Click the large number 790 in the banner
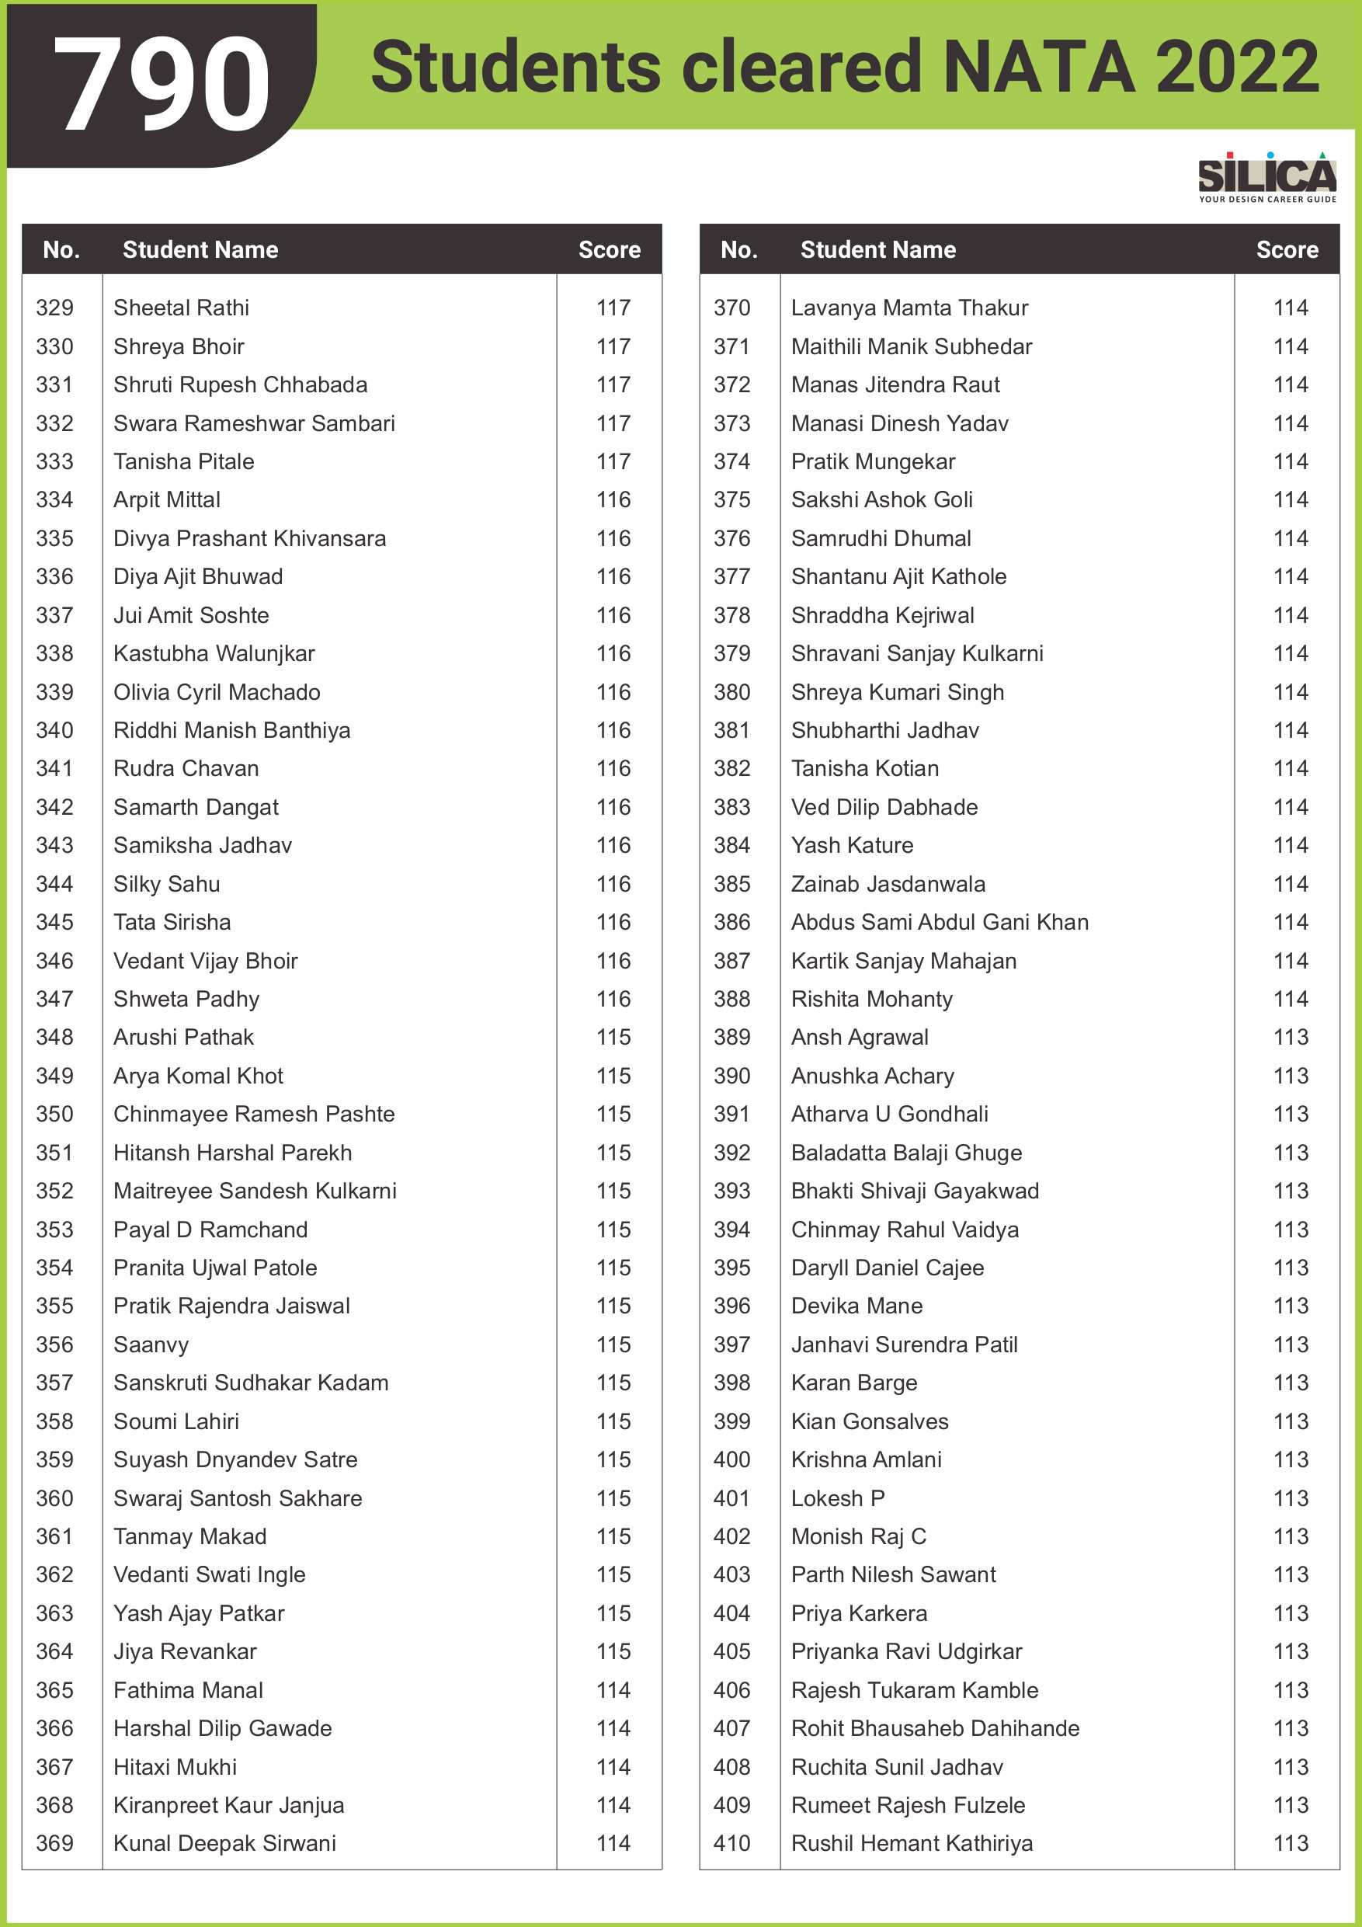tap(161, 84)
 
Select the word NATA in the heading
tap(1039, 67)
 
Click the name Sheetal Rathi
tap(181, 308)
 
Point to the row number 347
tap(54, 999)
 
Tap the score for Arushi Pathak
tap(613, 1038)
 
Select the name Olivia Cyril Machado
tap(217, 692)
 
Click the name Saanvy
tap(151, 1344)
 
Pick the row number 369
tap(54, 1843)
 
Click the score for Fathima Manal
tap(613, 1690)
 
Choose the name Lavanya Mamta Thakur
tap(909, 308)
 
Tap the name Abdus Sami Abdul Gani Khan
tap(939, 923)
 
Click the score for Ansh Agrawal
tap(1291, 1038)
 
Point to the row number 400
tap(731, 1459)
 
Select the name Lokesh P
tap(838, 1498)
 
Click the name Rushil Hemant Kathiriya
tap(912, 1843)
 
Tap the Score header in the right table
tap(1287, 249)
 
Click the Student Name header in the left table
tap(200, 249)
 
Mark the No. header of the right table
tap(738, 249)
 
